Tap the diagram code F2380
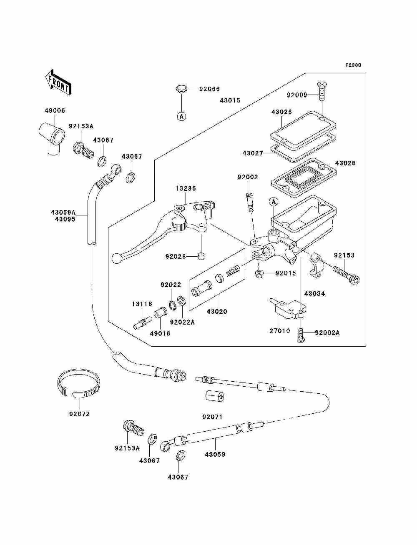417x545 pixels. point(353,65)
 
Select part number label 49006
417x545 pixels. point(55,110)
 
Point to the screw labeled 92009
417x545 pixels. point(322,91)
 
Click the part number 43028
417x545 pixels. point(345,163)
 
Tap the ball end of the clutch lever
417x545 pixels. point(116,258)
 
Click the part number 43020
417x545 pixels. point(217,311)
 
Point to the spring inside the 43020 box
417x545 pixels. point(233,271)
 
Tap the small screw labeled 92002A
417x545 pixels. point(301,335)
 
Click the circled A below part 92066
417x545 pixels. point(182,116)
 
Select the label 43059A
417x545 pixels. point(63,212)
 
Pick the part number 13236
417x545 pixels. point(186,188)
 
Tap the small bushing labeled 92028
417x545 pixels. point(201,255)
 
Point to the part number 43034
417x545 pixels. point(314,294)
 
